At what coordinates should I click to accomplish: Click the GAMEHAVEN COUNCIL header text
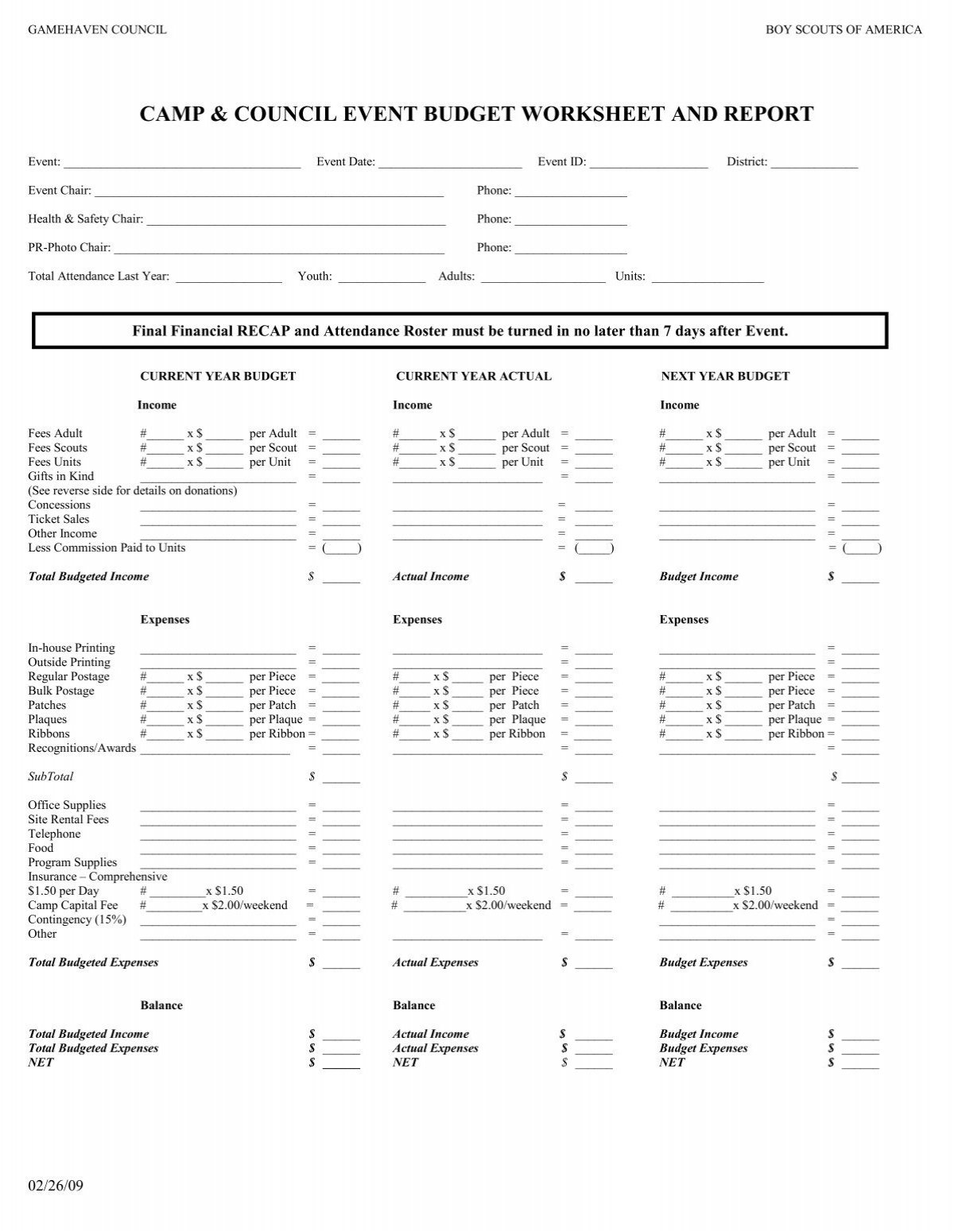pyautogui.click(x=97, y=29)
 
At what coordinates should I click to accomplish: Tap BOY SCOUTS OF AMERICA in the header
pyautogui.click(x=843, y=29)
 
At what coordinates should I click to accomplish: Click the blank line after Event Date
pyautogui.click(x=450, y=163)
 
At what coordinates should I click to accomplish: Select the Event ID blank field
pyautogui.click(x=648, y=163)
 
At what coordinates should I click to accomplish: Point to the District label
pyautogui.click(x=747, y=161)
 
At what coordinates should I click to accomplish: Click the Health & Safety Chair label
pyautogui.click(x=85, y=219)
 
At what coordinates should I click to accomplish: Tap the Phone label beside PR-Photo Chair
pyautogui.click(x=494, y=247)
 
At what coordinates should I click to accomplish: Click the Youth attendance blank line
pyautogui.click(x=382, y=277)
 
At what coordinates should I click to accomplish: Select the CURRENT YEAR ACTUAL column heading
pyautogui.click(x=473, y=376)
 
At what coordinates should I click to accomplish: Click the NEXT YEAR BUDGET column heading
pyautogui.click(x=725, y=376)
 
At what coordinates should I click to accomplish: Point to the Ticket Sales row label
pyautogui.click(x=59, y=519)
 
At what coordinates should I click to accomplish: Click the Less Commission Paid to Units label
pyautogui.click(x=107, y=548)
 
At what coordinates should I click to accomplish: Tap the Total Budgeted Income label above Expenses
pyautogui.click(x=88, y=576)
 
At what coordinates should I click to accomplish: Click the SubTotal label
pyautogui.click(x=50, y=776)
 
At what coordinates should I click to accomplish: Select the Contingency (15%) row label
pyautogui.click(x=77, y=919)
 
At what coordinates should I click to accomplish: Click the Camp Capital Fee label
pyautogui.click(x=72, y=905)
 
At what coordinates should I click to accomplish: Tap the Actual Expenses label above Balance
pyautogui.click(x=435, y=962)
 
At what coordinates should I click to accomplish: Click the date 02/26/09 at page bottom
pyautogui.click(x=55, y=1186)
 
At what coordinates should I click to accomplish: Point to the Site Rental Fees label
pyautogui.click(x=68, y=819)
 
